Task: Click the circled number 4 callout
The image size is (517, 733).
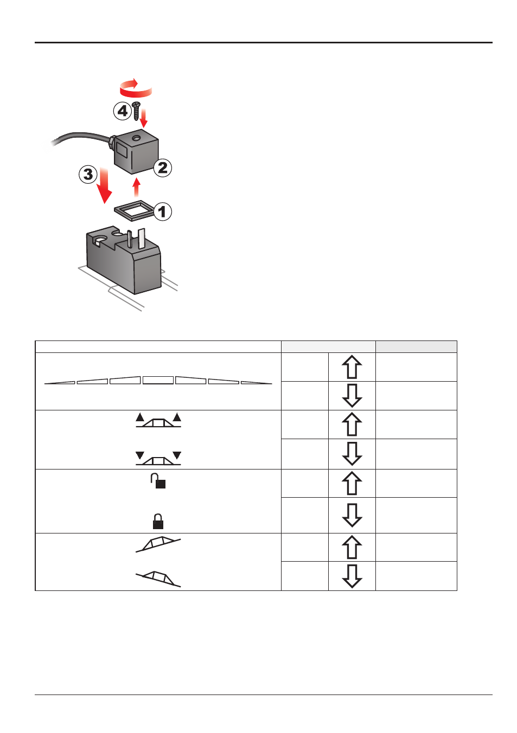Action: tap(123, 111)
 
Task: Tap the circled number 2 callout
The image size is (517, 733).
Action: tap(163, 168)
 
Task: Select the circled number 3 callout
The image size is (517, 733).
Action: tap(88, 174)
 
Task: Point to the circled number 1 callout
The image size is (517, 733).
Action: tap(162, 211)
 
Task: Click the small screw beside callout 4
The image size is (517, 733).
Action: tap(137, 111)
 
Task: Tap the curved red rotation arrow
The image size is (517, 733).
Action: tap(136, 88)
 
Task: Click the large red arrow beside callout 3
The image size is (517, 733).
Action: tap(105, 185)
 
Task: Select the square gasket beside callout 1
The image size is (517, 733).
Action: tap(134, 211)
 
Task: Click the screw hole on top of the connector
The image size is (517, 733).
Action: tap(136, 139)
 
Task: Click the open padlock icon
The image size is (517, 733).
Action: tap(158, 481)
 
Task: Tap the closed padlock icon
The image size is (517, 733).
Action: tap(158, 521)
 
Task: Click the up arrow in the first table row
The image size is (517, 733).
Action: tap(352, 367)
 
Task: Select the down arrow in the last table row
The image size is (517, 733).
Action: tap(352, 576)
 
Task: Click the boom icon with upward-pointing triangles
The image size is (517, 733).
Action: tap(158, 420)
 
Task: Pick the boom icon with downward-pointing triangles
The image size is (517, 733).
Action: tap(158, 458)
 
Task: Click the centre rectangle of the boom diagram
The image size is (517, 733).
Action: tap(158, 380)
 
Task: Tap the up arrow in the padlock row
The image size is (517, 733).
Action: tap(352, 483)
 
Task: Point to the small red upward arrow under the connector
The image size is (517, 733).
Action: tap(137, 188)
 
